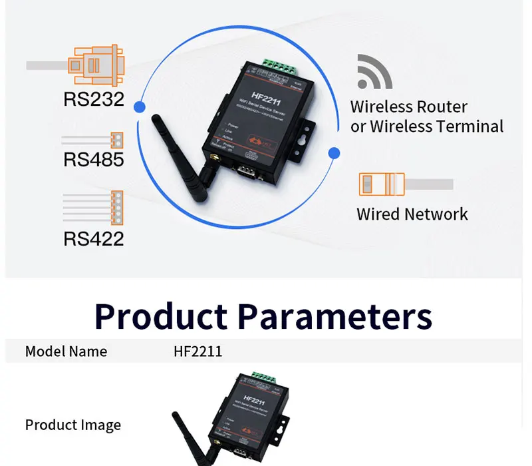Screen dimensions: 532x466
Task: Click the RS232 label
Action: [94, 99]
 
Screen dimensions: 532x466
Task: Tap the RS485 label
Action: [94, 160]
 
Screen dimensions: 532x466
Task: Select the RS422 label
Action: [94, 238]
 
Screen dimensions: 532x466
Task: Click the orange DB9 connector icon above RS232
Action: [95, 65]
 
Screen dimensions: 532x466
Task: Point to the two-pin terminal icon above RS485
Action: [117, 140]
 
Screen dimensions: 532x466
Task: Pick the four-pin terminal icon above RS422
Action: [117, 206]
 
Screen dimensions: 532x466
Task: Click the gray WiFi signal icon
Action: [374, 71]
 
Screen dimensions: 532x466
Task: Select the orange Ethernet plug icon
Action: [381, 184]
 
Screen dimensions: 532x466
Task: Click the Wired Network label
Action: [412, 214]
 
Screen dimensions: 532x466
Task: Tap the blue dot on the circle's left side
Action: [140, 107]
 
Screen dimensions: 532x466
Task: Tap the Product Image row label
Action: [73, 425]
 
